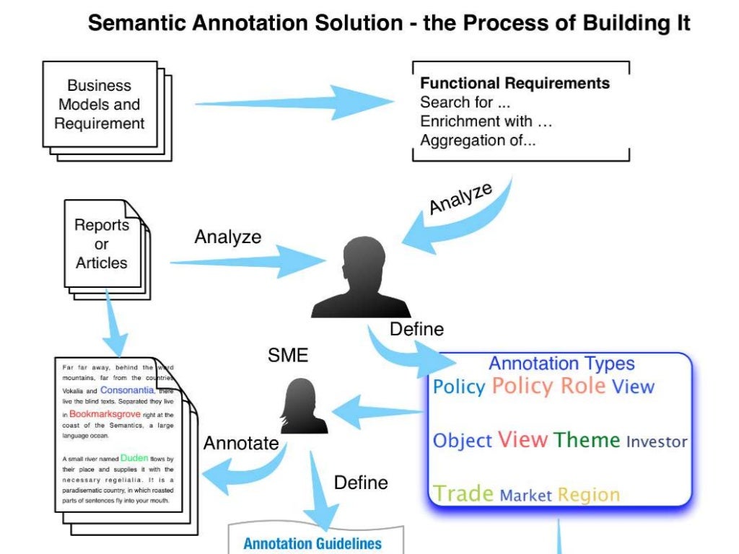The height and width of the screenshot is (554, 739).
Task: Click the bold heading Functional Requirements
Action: [515, 83]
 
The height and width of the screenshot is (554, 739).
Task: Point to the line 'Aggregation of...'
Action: [478, 140]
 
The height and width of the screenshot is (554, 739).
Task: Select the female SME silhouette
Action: [304, 407]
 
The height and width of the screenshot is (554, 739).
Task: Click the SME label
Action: [287, 355]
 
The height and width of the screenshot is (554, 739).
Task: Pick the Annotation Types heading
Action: [561, 364]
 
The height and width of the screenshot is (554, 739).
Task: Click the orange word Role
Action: [583, 385]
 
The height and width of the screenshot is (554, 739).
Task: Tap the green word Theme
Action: [587, 440]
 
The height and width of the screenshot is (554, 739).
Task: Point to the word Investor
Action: [657, 441]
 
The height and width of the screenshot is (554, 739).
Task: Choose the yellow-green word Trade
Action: [463, 494]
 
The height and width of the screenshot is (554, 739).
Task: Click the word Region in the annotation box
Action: [589, 495]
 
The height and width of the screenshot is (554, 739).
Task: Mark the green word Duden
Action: [134, 457]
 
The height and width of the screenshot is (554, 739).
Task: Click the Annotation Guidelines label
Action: [312, 543]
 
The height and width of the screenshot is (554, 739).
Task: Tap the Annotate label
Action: [241, 443]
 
